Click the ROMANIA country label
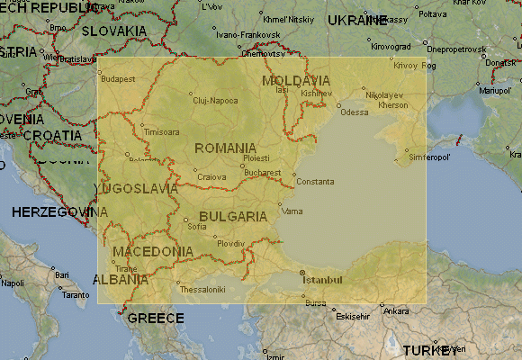point(225,148)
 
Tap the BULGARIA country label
point(233,217)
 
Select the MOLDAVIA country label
point(295,80)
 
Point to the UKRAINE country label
point(357,20)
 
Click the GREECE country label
point(155,319)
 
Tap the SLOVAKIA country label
point(113,31)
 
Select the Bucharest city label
point(262,173)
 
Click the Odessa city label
point(354,112)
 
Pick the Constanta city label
point(315,181)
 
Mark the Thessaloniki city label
point(202,290)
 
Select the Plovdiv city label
point(230,244)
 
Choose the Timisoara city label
point(161,131)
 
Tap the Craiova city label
point(211,177)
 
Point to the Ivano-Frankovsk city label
point(241,34)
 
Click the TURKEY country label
point(430,350)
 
